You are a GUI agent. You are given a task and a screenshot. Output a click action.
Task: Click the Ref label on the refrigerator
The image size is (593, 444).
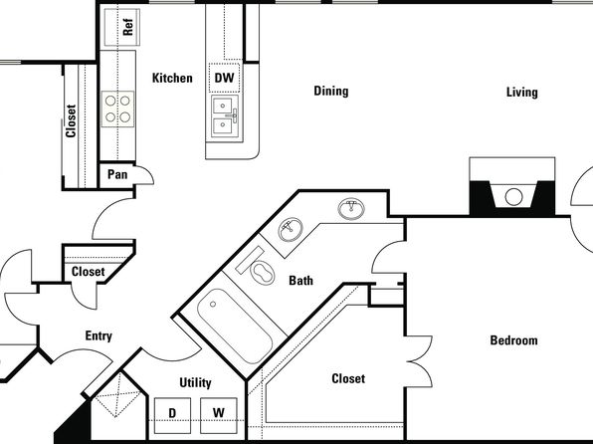tap(128, 27)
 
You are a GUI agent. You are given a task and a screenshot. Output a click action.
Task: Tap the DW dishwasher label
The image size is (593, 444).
tap(224, 78)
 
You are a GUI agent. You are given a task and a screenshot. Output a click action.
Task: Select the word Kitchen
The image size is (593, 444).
tap(172, 78)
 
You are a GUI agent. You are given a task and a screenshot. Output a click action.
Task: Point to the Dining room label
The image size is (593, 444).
tap(331, 91)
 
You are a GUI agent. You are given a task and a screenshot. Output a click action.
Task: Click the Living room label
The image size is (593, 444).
tap(522, 92)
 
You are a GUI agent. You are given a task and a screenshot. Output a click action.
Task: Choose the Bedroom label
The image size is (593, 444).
tap(513, 339)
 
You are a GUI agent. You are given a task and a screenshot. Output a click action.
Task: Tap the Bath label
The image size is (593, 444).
tap(301, 281)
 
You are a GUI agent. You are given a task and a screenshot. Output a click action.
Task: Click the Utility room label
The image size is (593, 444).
tap(195, 382)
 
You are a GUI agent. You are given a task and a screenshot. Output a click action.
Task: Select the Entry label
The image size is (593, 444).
tap(99, 335)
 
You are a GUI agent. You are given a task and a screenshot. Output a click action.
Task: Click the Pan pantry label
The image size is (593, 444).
tap(117, 174)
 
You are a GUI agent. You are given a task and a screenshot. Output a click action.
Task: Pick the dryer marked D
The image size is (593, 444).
tap(172, 415)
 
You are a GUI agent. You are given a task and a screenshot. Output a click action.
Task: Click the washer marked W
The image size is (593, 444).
tap(219, 415)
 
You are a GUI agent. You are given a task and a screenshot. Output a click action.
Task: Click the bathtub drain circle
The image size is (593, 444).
tap(213, 304)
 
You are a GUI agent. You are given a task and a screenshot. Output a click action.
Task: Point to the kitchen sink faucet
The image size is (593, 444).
tap(233, 115)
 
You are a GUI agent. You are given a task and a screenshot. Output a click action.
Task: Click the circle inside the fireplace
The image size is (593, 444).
tap(514, 197)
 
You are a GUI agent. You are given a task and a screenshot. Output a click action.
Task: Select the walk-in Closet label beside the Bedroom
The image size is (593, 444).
tap(348, 378)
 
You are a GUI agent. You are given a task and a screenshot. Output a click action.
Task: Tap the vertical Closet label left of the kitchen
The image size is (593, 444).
tap(71, 120)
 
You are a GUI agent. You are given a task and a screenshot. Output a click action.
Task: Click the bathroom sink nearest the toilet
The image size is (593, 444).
tap(291, 229)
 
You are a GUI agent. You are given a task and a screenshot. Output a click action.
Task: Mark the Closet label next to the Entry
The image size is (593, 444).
tap(89, 272)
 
